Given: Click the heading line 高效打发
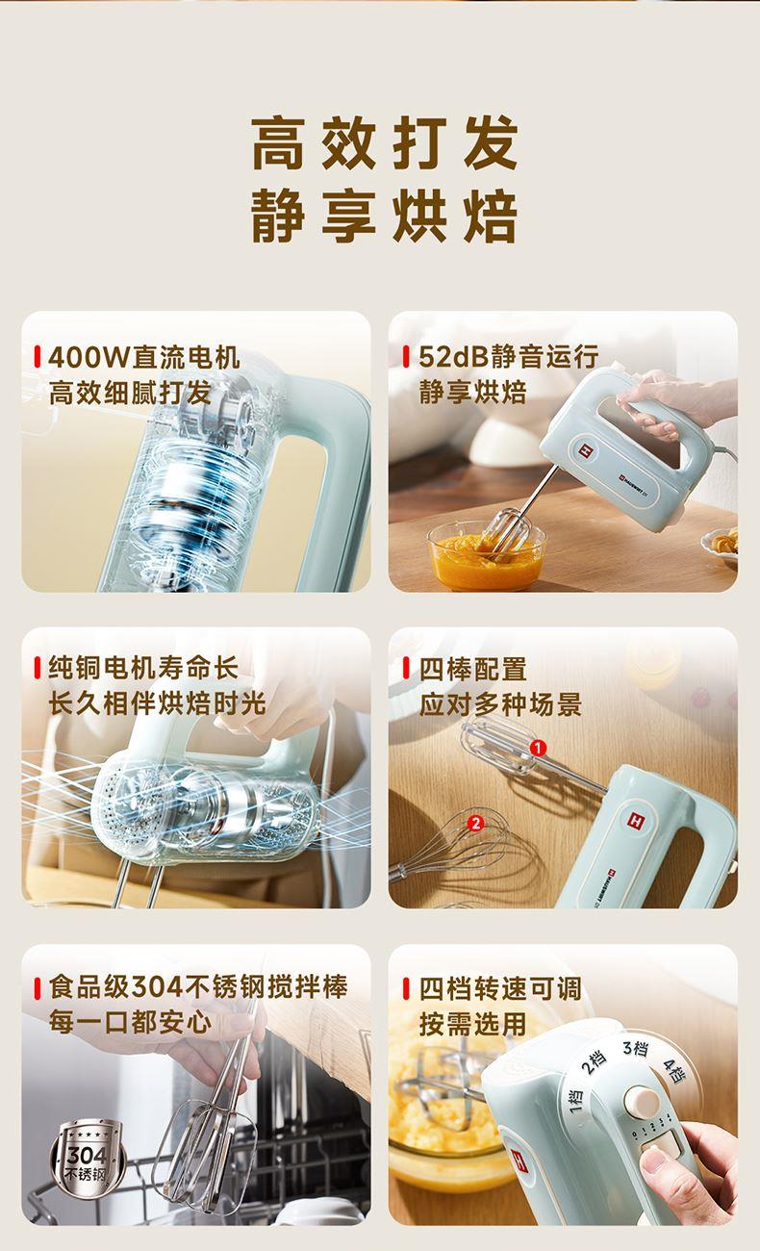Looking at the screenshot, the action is point(385,143).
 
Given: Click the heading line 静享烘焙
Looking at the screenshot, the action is point(385,217).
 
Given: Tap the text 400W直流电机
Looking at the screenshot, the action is point(144,357).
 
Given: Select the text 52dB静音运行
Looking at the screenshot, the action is point(509,356).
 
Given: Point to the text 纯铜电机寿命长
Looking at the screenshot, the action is point(143,668).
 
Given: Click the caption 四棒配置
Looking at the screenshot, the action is point(473,669).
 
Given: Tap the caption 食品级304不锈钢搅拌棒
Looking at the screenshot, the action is point(198,986).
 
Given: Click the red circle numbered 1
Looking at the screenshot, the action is point(537,748).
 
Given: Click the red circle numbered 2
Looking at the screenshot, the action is point(476,823).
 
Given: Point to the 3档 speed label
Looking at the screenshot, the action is point(636,1048).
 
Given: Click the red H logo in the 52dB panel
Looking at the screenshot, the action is point(584,449).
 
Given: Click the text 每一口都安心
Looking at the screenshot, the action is point(130,1023).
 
